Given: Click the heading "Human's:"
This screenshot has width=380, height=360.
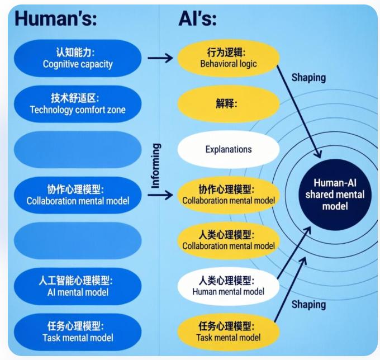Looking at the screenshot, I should click(56, 18).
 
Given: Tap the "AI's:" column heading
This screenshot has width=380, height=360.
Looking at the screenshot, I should click(197, 18).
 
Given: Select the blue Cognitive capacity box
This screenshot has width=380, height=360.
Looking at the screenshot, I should click(77, 58).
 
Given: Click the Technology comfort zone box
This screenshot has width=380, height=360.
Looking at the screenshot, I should click(77, 103).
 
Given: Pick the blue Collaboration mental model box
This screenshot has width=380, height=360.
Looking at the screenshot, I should click(77, 195).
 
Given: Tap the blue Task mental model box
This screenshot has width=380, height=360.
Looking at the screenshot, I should click(77, 331).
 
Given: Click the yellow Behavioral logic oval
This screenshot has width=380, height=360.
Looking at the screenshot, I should click(228, 58).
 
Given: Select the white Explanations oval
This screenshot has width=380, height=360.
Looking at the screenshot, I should click(228, 149).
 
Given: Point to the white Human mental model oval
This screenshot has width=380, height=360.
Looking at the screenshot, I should click(228, 286).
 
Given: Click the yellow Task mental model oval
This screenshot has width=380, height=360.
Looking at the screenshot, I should click(228, 331).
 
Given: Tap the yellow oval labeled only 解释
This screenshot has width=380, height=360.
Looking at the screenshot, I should click(228, 103).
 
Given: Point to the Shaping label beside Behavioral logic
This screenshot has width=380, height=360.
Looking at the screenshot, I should click(308, 78).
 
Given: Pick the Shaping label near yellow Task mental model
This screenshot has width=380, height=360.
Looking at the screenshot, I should click(308, 305).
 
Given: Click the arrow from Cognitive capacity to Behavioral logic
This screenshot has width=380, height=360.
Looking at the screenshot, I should click(160, 57).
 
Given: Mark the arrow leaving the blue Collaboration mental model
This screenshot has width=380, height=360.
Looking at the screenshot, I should click(161, 195).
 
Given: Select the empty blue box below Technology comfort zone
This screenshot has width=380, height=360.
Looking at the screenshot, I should click(77, 149).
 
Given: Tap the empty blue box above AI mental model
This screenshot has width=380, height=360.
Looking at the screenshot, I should click(77, 240).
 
